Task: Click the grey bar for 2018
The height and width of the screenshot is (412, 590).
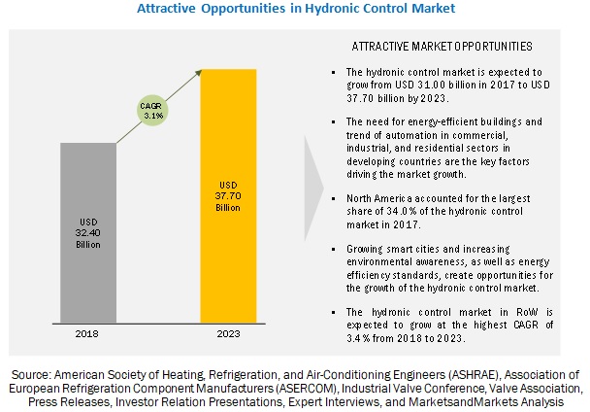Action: [x=88, y=232]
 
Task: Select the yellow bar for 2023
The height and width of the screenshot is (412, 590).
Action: [x=229, y=194]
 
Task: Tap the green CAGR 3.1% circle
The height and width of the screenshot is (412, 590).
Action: [x=151, y=110]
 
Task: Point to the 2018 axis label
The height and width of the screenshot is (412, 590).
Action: [x=88, y=332]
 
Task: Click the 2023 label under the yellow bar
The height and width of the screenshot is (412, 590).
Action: [x=229, y=332]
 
